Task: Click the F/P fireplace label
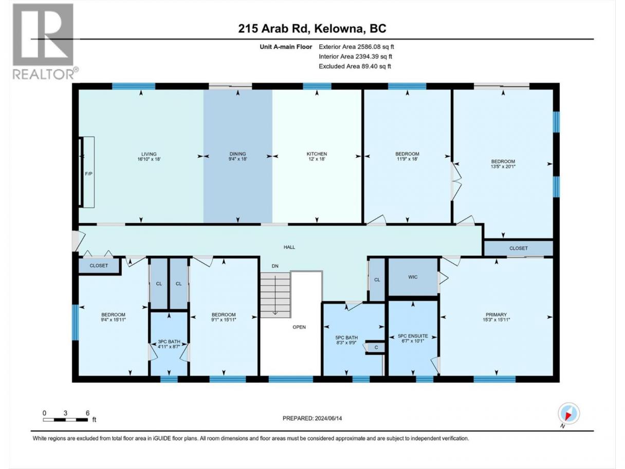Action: click(89, 174)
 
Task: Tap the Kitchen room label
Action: click(317, 154)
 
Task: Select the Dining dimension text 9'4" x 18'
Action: click(238, 159)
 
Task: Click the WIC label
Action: click(413, 277)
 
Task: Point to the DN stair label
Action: click(275, 266)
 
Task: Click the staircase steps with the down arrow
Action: click(275, 295)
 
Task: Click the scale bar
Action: click(65, 420)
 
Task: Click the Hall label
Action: click(289, 247)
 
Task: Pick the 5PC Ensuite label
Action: click(413, 336)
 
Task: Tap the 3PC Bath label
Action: click(169, 341)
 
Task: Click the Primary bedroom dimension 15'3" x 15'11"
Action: click(497, 319)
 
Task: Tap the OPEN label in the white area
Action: click(299, 327)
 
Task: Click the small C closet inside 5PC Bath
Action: click(376, 348)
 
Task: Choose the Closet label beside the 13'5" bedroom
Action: click(519, 248)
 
